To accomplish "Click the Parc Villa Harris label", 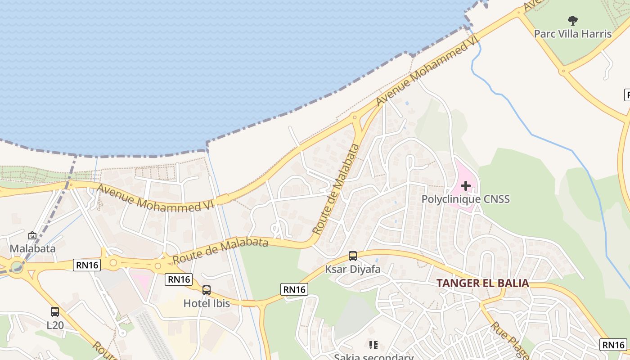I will [x=572, y=34].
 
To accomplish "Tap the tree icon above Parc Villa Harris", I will [x=572, y=20].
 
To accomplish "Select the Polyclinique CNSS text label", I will [x=465, y=199].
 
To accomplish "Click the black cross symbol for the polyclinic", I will [x=466, y=186].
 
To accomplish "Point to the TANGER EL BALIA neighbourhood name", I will [x=482, y=283].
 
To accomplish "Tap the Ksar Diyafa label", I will [x=353, y=270].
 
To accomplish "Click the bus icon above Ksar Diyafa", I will [x=353, y=256].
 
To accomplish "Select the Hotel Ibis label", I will [x=207, y=304].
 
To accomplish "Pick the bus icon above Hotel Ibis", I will [x=207, y=290].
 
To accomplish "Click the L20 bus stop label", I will [x=55, y=325].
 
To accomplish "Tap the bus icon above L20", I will [x=55, y=311].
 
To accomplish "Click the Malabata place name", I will [x=33, y=248].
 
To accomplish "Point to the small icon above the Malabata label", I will [x=32, y=235].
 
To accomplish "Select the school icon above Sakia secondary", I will [x=373, y=345].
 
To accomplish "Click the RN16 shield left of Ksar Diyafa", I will [x=294, y=289].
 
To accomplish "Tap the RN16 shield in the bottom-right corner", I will [x=613, y=345].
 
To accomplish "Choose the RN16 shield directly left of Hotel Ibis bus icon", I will [x=179, y=279].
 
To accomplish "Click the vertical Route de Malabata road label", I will [x=336, y=189].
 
